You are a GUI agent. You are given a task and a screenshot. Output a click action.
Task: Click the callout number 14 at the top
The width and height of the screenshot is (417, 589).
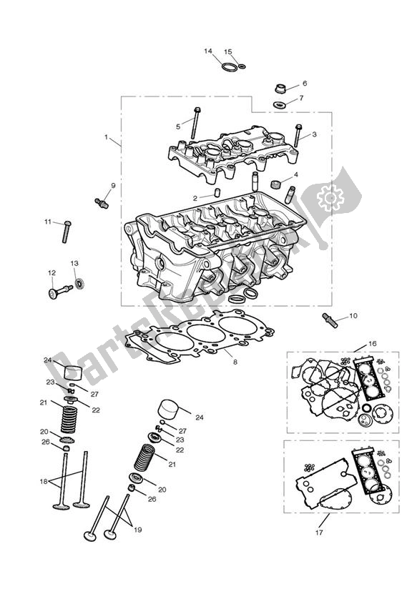click(208, 51)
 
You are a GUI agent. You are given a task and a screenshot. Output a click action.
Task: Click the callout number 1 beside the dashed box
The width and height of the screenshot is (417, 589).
click(107, 137)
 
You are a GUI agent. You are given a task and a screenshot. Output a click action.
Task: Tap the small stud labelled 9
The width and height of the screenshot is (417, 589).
click(101, 202)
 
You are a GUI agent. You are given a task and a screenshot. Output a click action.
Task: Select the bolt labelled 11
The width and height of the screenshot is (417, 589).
click(65, 231)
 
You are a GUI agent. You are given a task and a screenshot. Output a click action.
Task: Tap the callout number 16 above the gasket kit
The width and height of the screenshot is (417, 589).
click(371, 344)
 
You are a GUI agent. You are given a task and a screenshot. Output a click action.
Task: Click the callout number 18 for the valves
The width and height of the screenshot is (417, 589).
click(42, 482)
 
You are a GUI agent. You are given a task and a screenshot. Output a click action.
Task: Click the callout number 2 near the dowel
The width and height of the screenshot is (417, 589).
click(195, 198)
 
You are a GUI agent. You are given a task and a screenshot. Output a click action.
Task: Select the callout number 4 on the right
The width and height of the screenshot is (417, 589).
click(295, 174)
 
